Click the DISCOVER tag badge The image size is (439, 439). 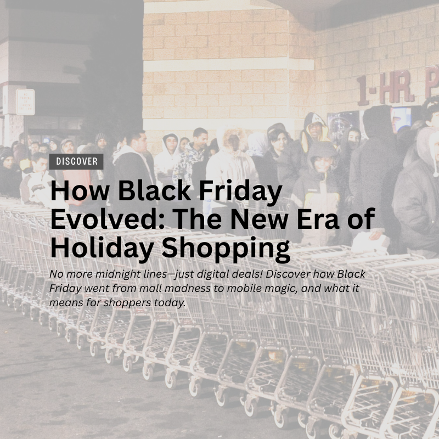click(x=76, y=161)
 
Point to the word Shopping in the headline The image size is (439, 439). click(x=226, y=249)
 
